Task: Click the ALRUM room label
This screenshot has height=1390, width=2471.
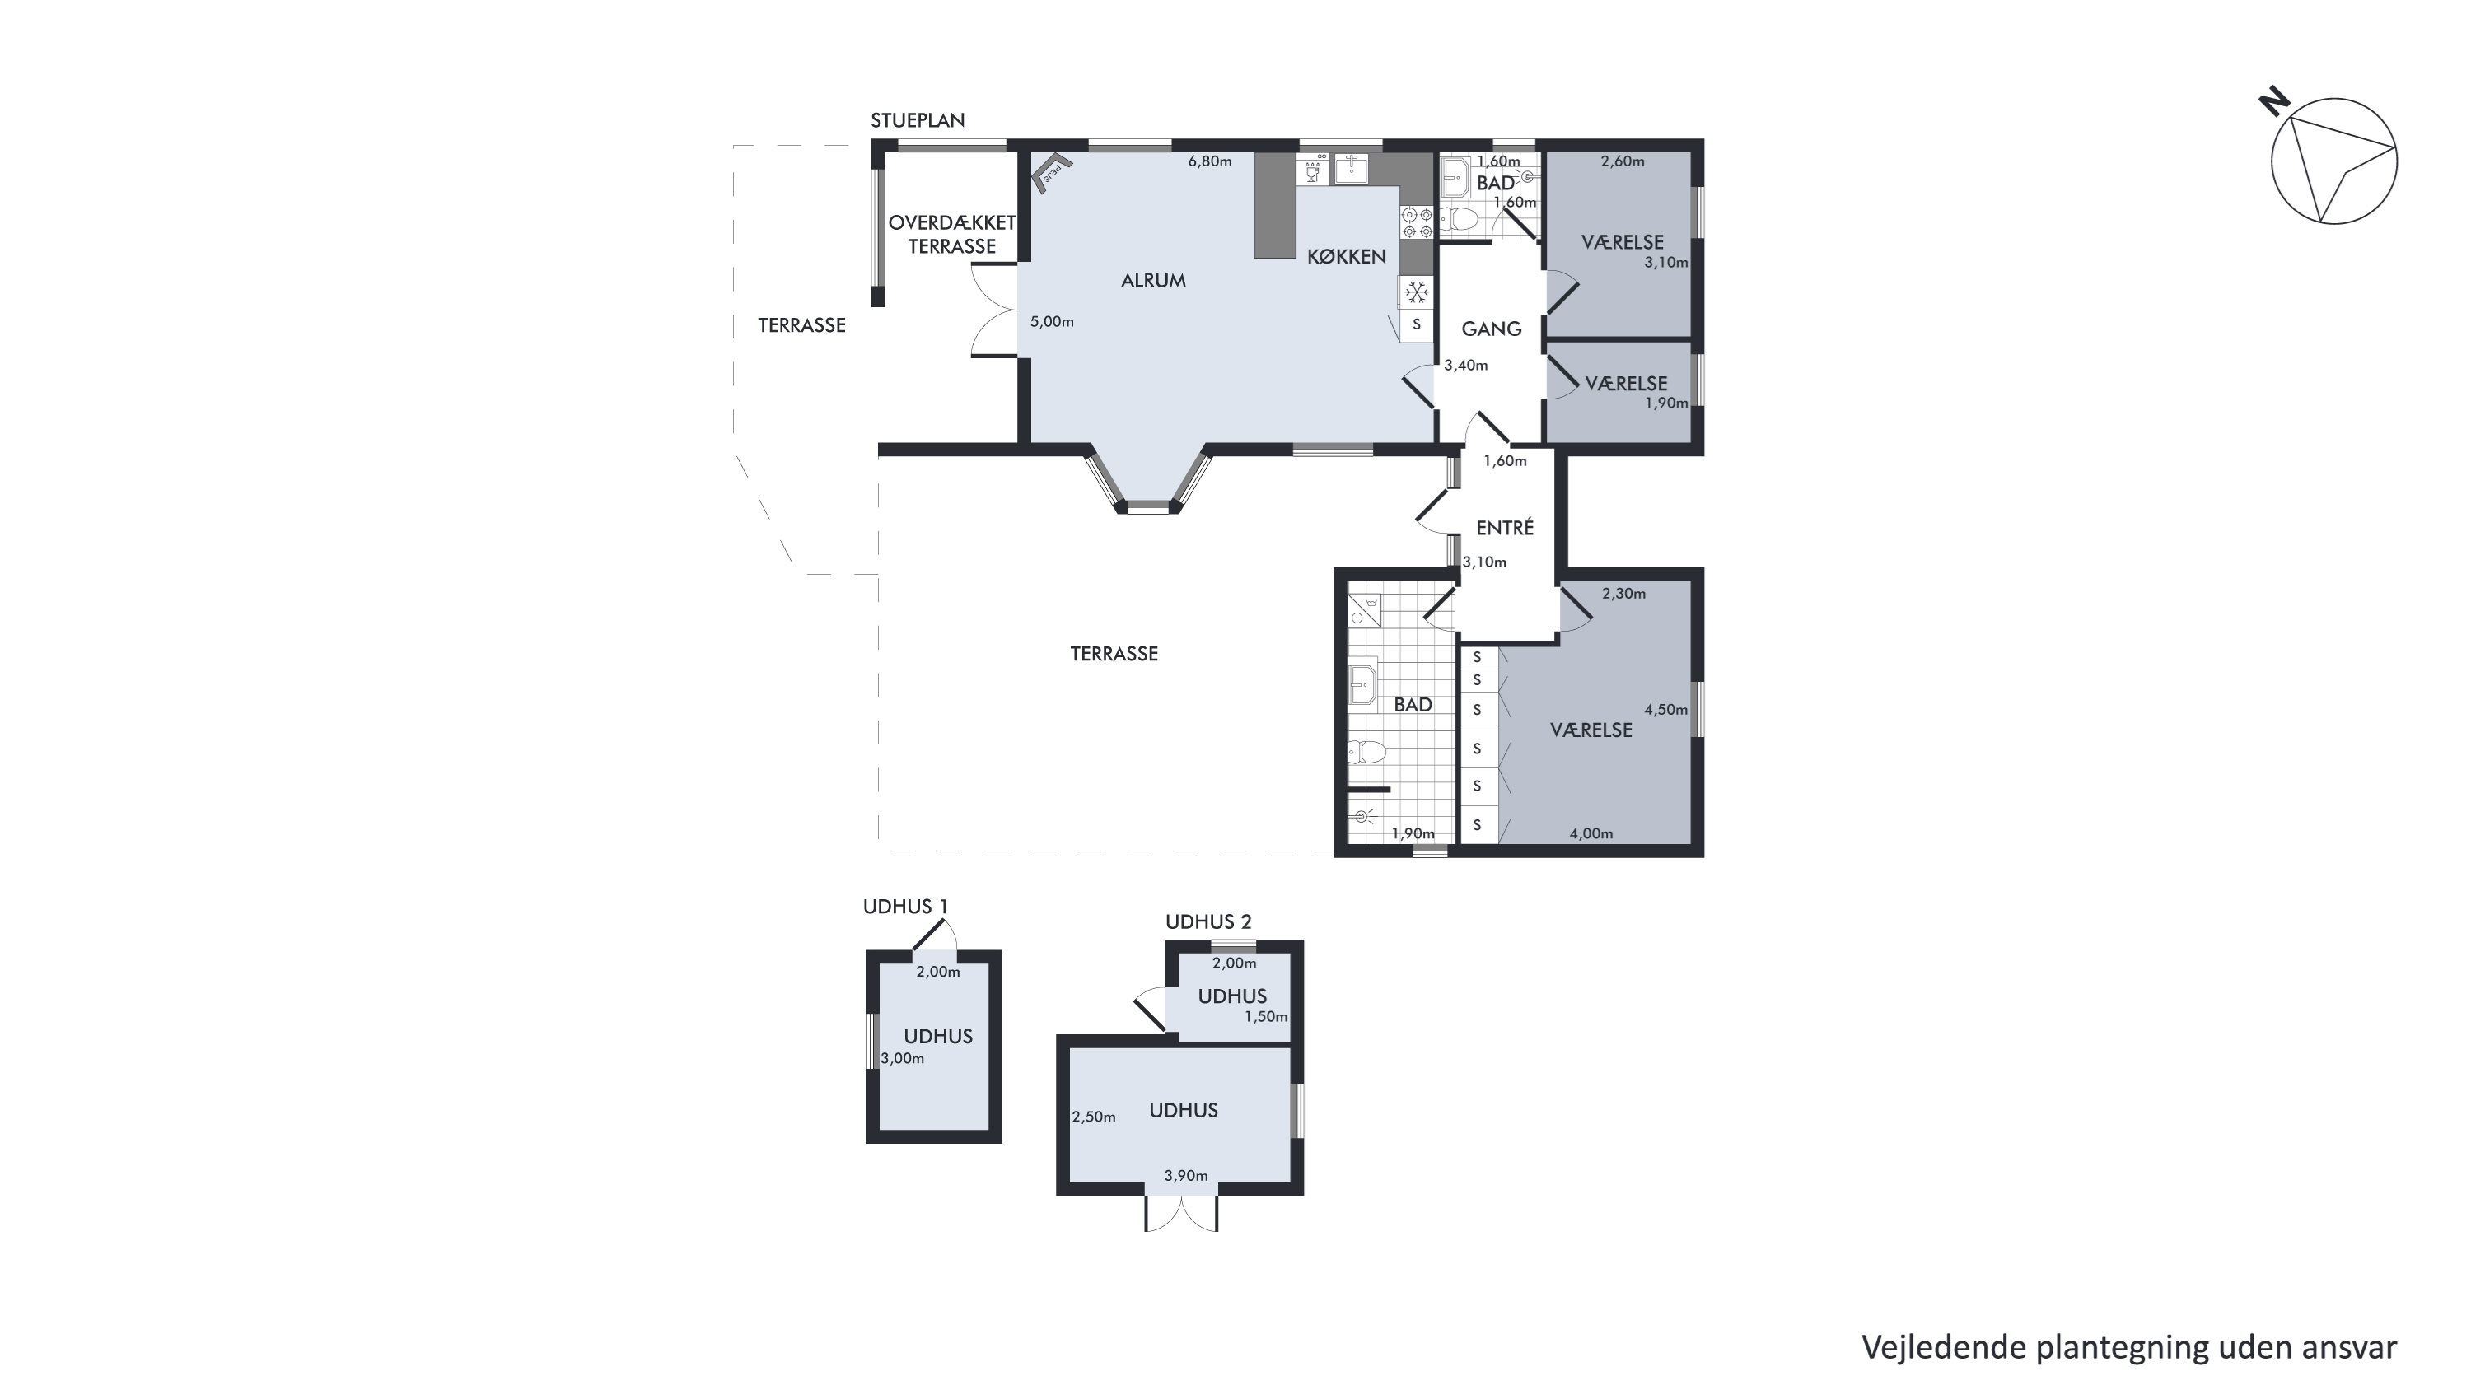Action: point(1153,280)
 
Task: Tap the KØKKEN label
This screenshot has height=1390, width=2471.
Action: point(1346,256)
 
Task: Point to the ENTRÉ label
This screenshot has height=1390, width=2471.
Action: point(1504,528)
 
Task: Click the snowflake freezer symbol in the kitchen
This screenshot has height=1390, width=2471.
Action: point(1416,292)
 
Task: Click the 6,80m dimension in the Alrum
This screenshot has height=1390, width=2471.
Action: point(1210,161)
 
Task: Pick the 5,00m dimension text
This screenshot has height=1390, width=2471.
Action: point(1051,321)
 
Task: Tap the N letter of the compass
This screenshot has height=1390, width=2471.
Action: point(2273,100)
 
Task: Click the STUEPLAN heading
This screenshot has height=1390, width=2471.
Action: point(917,120)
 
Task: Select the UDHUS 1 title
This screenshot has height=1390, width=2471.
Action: point(904,907)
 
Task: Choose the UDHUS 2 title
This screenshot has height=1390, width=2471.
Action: point(1207,922)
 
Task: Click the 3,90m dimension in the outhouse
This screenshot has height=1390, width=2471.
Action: point(1185,1175)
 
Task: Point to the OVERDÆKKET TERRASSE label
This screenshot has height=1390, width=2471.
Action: point(951,234)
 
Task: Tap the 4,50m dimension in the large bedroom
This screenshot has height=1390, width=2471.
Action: point(1665,710)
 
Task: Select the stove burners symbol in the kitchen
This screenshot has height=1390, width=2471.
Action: point(1417,222)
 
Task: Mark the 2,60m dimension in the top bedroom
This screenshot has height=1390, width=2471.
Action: point(1622,161)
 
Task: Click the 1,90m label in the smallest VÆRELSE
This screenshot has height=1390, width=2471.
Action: point(1666,403)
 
